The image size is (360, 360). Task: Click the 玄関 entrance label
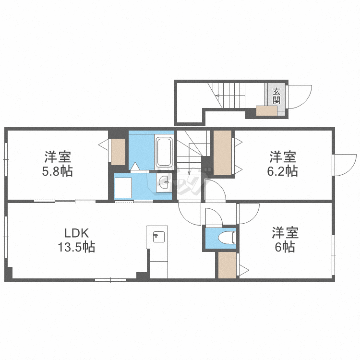pyautogui.click(x=276, y=95)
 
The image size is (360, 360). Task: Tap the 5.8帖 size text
pyautogui.click(x=57, y=171)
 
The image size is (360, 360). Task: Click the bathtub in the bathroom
pyautogui.click(x=164, y=152)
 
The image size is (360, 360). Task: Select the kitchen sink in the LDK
pyautogui.click(x=157, y=237)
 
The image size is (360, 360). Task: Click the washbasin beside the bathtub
pyautogui.click(x=164, y=182)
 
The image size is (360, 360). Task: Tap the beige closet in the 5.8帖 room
pyautogui.click(x=118, y=152)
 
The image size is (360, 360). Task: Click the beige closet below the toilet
pyautogui.click(x=227, y=265)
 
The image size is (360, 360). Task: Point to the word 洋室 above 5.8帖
pyautogui.click(x=58, y=157)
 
